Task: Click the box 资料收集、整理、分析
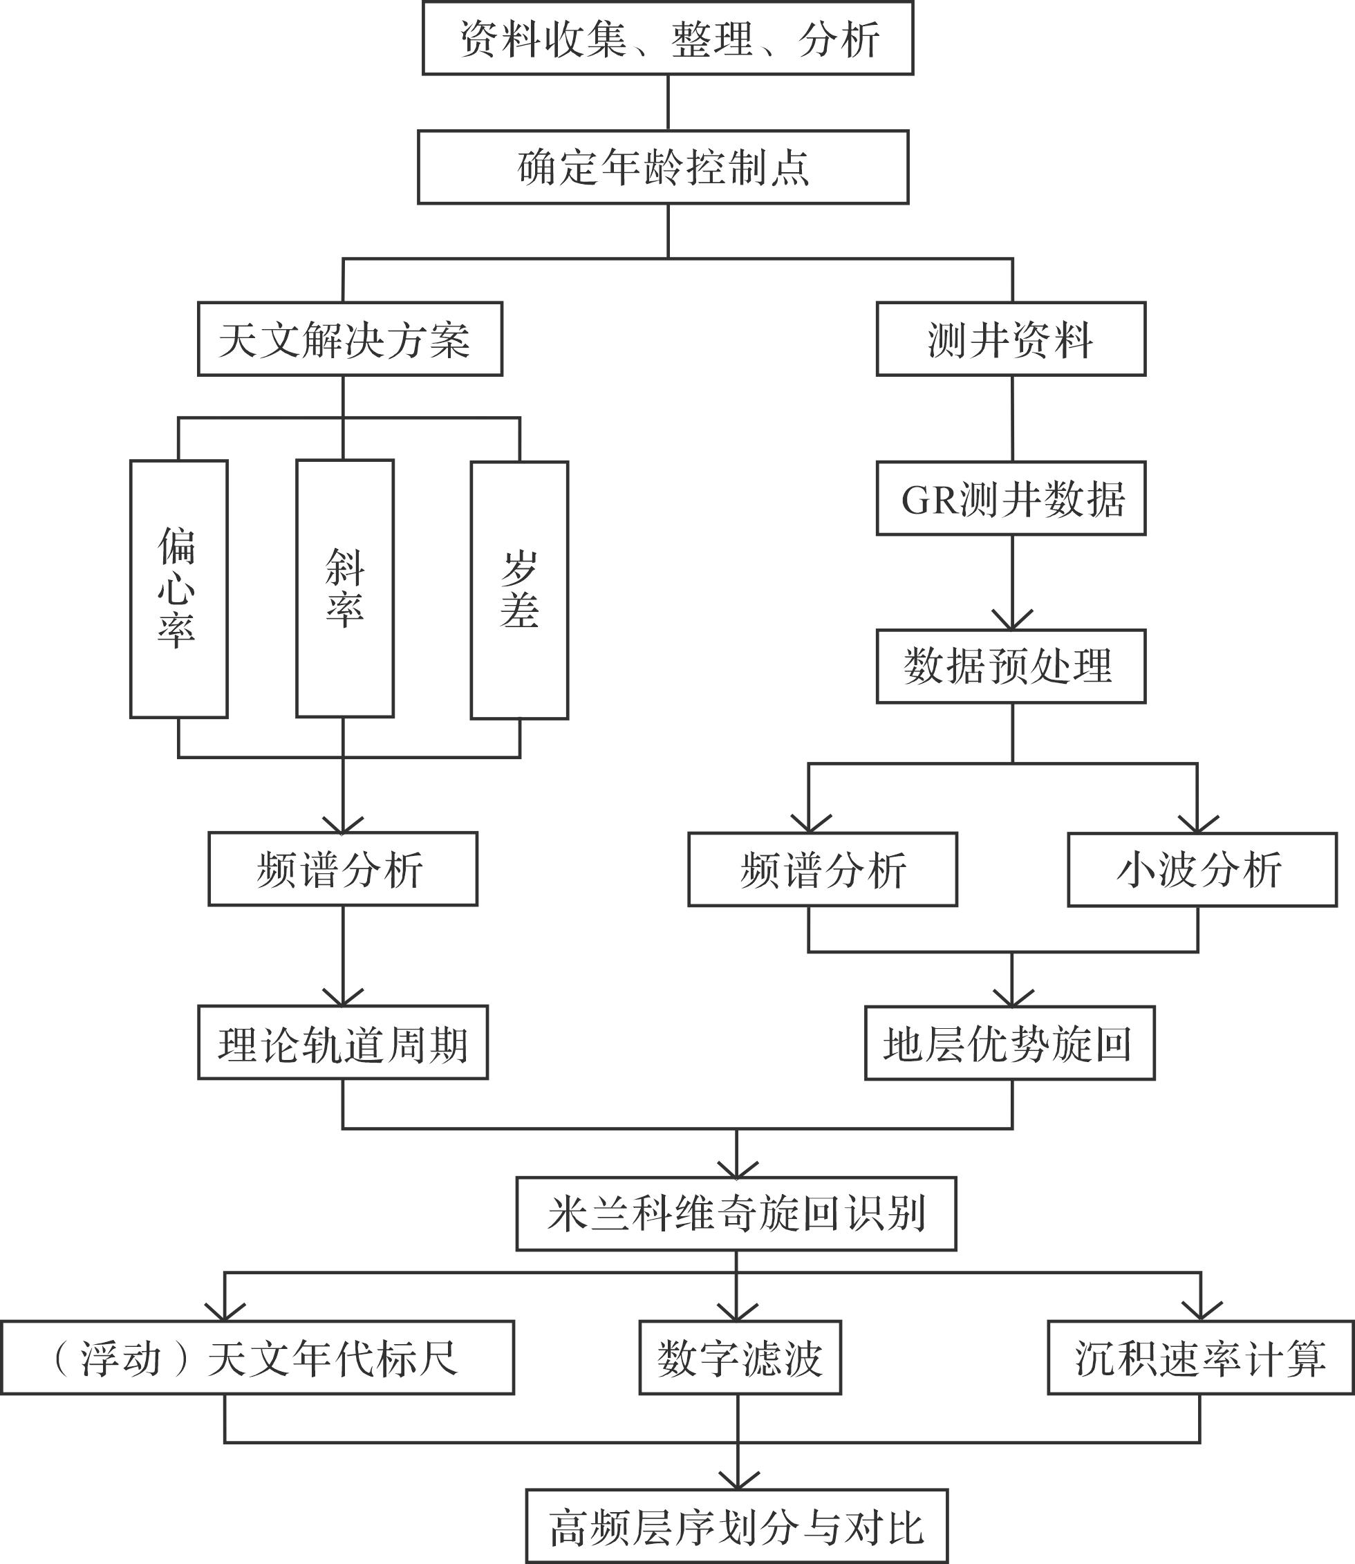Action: (668, 38)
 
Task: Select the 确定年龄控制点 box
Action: (663, 167)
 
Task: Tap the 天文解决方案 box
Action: (350, 339)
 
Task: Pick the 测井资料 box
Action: (1011, 339)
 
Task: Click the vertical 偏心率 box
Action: (179, 589)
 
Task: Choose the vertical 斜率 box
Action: (345, 588)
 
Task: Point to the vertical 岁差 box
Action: (519, 590)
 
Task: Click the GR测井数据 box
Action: (1011, 499)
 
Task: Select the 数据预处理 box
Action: (1011, 667)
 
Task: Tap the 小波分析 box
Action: (1202, 870)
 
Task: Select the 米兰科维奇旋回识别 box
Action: (736, 1214)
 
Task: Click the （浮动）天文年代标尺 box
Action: (257, 1357)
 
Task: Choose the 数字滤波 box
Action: (740, 1357)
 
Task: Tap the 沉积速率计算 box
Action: (1201, 1357)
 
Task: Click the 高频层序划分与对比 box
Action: (736, 1526)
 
